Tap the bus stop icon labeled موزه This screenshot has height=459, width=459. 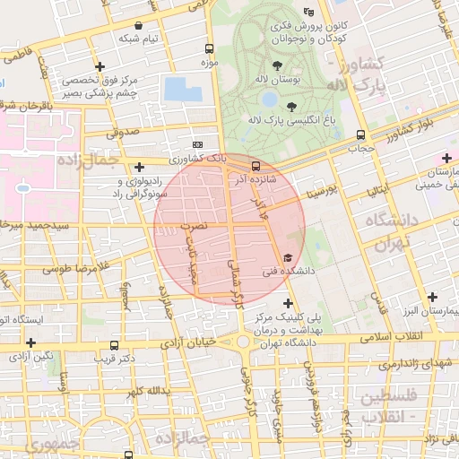tap(209, 49)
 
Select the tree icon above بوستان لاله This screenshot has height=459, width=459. tap(276, 65)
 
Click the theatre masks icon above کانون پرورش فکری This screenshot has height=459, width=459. tap(309, 12)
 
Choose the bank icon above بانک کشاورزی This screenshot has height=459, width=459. tap(197, 144)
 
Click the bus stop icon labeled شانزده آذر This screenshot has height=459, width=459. tap(255, 166)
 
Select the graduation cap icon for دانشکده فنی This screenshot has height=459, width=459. tap(287, 258)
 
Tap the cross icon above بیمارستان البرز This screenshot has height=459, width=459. tap(433, 297)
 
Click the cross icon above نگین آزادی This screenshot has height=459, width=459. tap(31, 342)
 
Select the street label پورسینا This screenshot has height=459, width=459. tap(320, 191)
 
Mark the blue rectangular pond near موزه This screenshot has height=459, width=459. tap(182, 89)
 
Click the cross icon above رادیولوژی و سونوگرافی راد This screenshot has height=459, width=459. tap(139, 166)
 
